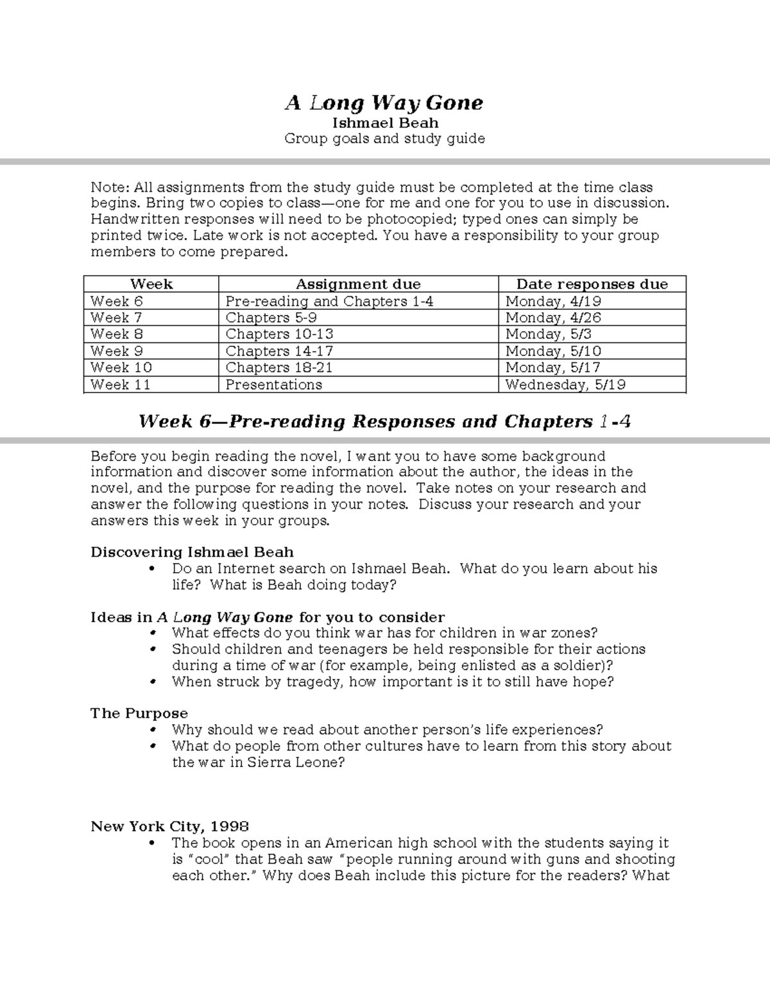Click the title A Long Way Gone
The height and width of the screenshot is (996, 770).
click(384, 103)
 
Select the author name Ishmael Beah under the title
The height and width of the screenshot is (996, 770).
click(384, 122)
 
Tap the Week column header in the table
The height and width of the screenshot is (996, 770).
click(151, 284)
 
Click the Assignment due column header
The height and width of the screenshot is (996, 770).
click(358, 284)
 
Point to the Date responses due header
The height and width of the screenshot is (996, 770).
click(592, 284)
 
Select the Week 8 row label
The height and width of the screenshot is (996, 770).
click(117, 334)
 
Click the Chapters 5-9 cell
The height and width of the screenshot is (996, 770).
click(271, 317)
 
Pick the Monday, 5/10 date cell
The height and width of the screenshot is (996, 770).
click(553, 351)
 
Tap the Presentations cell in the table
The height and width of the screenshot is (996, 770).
click(273, 384)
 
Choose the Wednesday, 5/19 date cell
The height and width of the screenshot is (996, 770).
click(565, 384)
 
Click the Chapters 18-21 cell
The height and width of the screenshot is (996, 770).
click(279, 367)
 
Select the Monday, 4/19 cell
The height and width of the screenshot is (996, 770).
click(553, 301)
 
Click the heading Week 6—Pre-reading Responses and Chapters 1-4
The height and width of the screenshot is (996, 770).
click(384, 421)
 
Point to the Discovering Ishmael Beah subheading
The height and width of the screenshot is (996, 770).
click(192, 552)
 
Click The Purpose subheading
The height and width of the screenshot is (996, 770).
click(139, 713)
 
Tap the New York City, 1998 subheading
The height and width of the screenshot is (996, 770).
click(169, 826)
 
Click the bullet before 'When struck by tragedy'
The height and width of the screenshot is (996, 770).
click(152, 682)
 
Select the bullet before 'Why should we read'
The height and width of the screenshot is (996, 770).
click(152, 730)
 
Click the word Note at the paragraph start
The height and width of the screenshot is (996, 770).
click(109, 187)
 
